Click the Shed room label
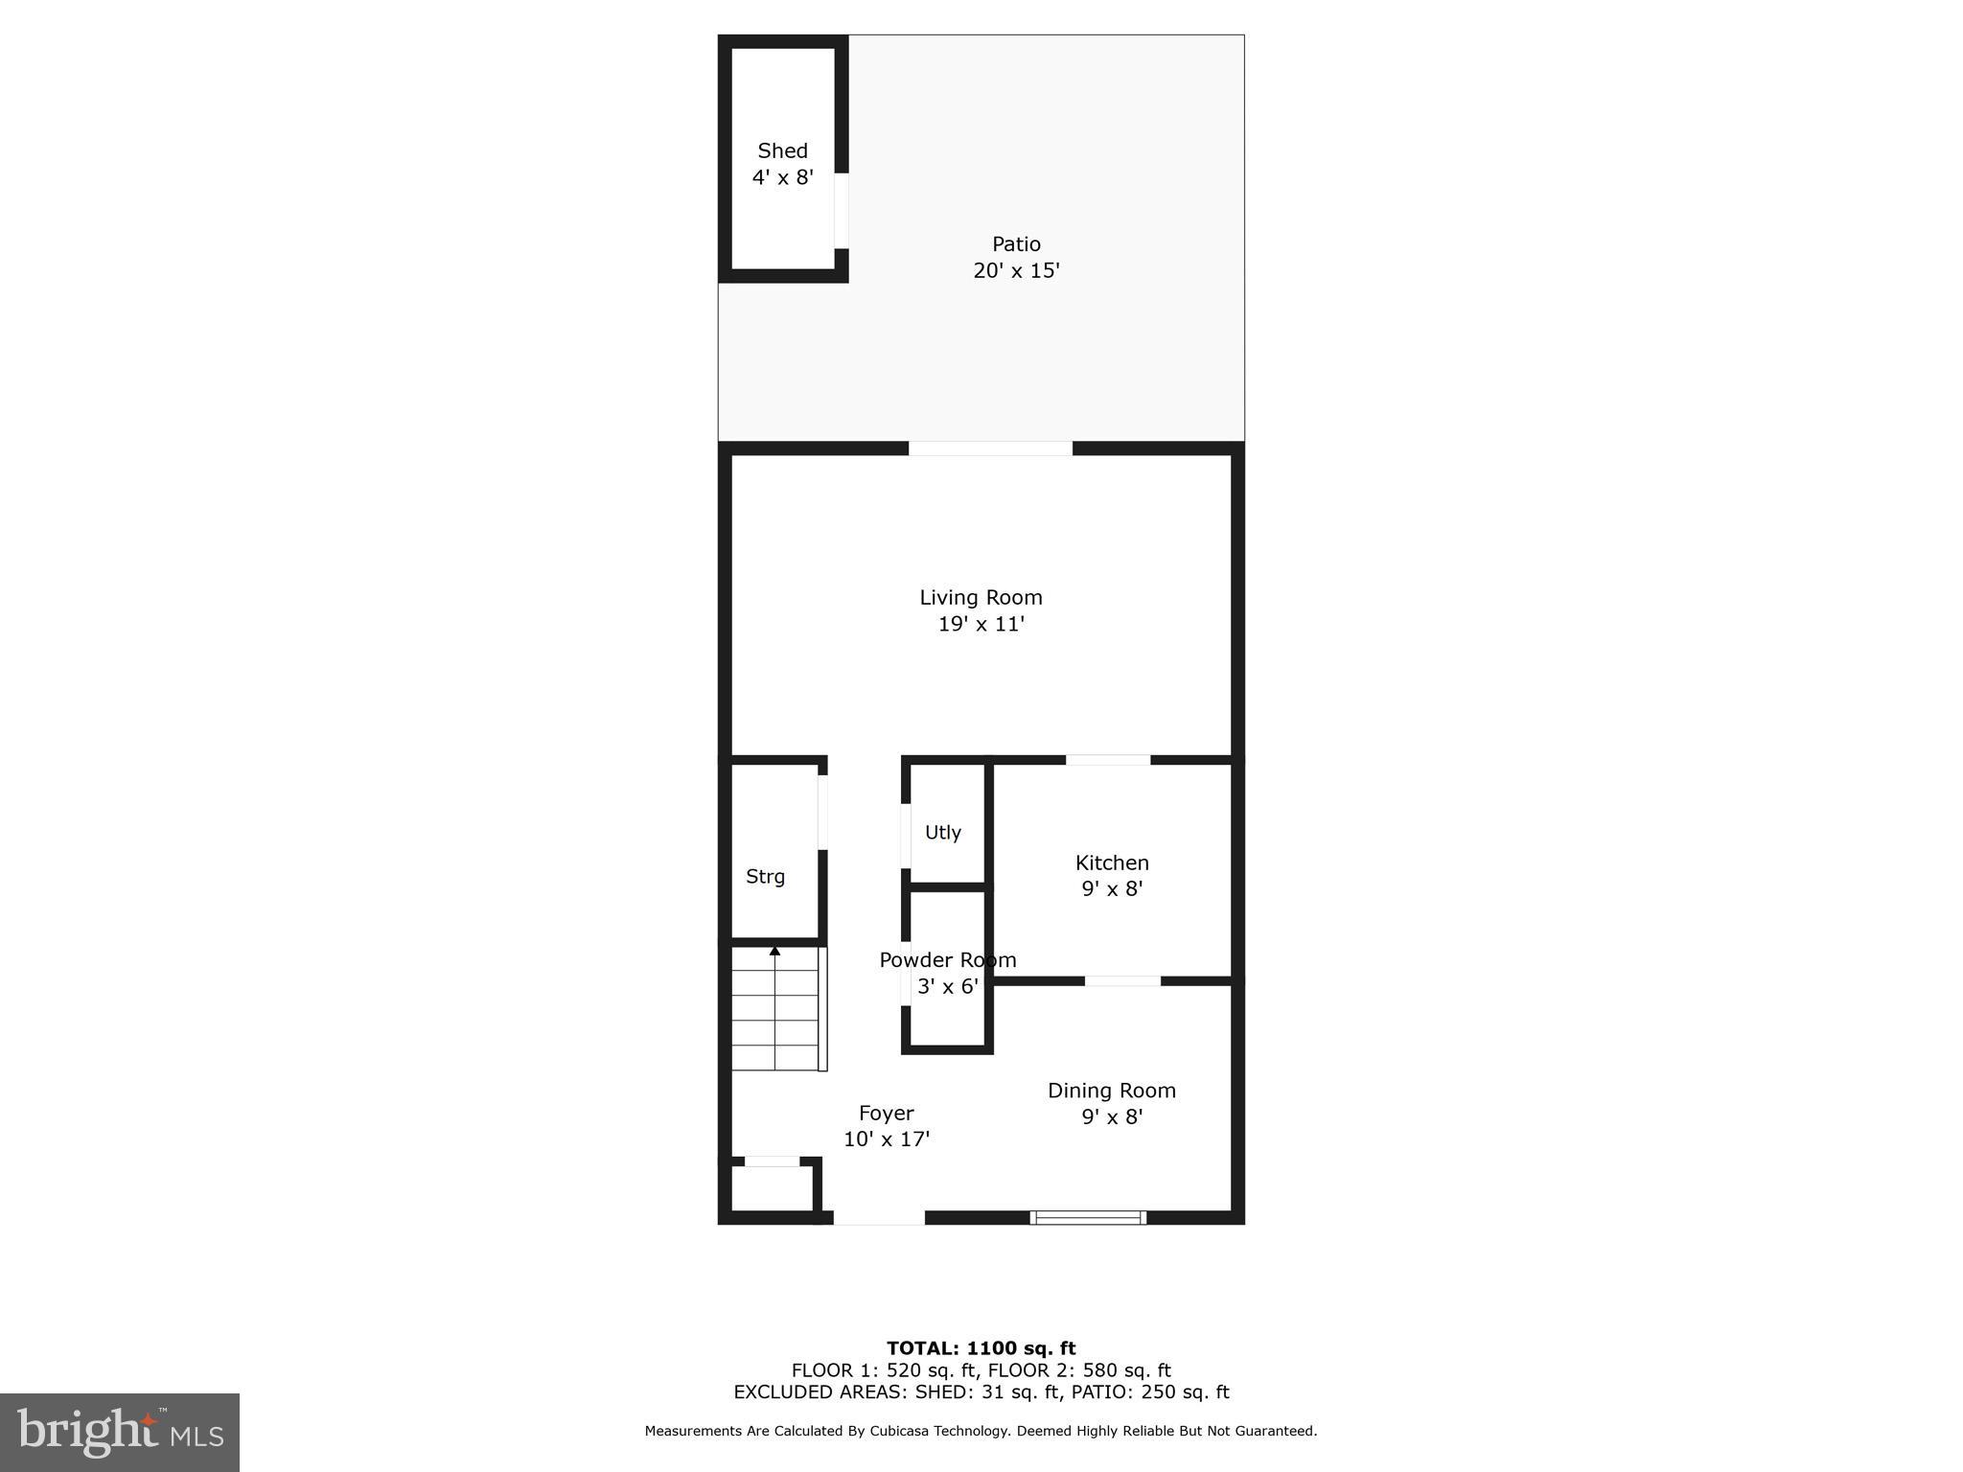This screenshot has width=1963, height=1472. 782,150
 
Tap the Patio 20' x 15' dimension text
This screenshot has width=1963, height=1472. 1016,270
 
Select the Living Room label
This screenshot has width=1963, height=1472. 981,597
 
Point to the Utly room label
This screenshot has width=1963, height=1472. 942,832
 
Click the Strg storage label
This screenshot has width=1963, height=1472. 765,876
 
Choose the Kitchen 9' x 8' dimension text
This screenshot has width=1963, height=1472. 1112,888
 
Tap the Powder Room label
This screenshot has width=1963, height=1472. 947,959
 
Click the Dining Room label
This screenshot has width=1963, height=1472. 1111,1090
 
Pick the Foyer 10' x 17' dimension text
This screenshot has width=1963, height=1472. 886,1138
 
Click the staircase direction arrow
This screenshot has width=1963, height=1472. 774,952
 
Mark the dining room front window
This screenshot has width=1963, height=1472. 1088,1217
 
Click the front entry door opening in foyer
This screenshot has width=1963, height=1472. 878,1217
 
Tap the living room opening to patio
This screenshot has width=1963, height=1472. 989,448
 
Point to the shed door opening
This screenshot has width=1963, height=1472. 841,210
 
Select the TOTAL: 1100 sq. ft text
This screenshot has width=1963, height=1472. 981,1348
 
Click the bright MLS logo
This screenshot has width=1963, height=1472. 120,1432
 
